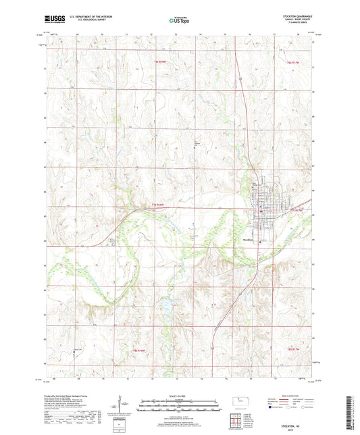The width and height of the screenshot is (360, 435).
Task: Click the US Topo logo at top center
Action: click(180, 21)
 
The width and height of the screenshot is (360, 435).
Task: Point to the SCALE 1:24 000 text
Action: click(179, 395)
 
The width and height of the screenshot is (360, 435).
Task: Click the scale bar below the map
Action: click(179, 402)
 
